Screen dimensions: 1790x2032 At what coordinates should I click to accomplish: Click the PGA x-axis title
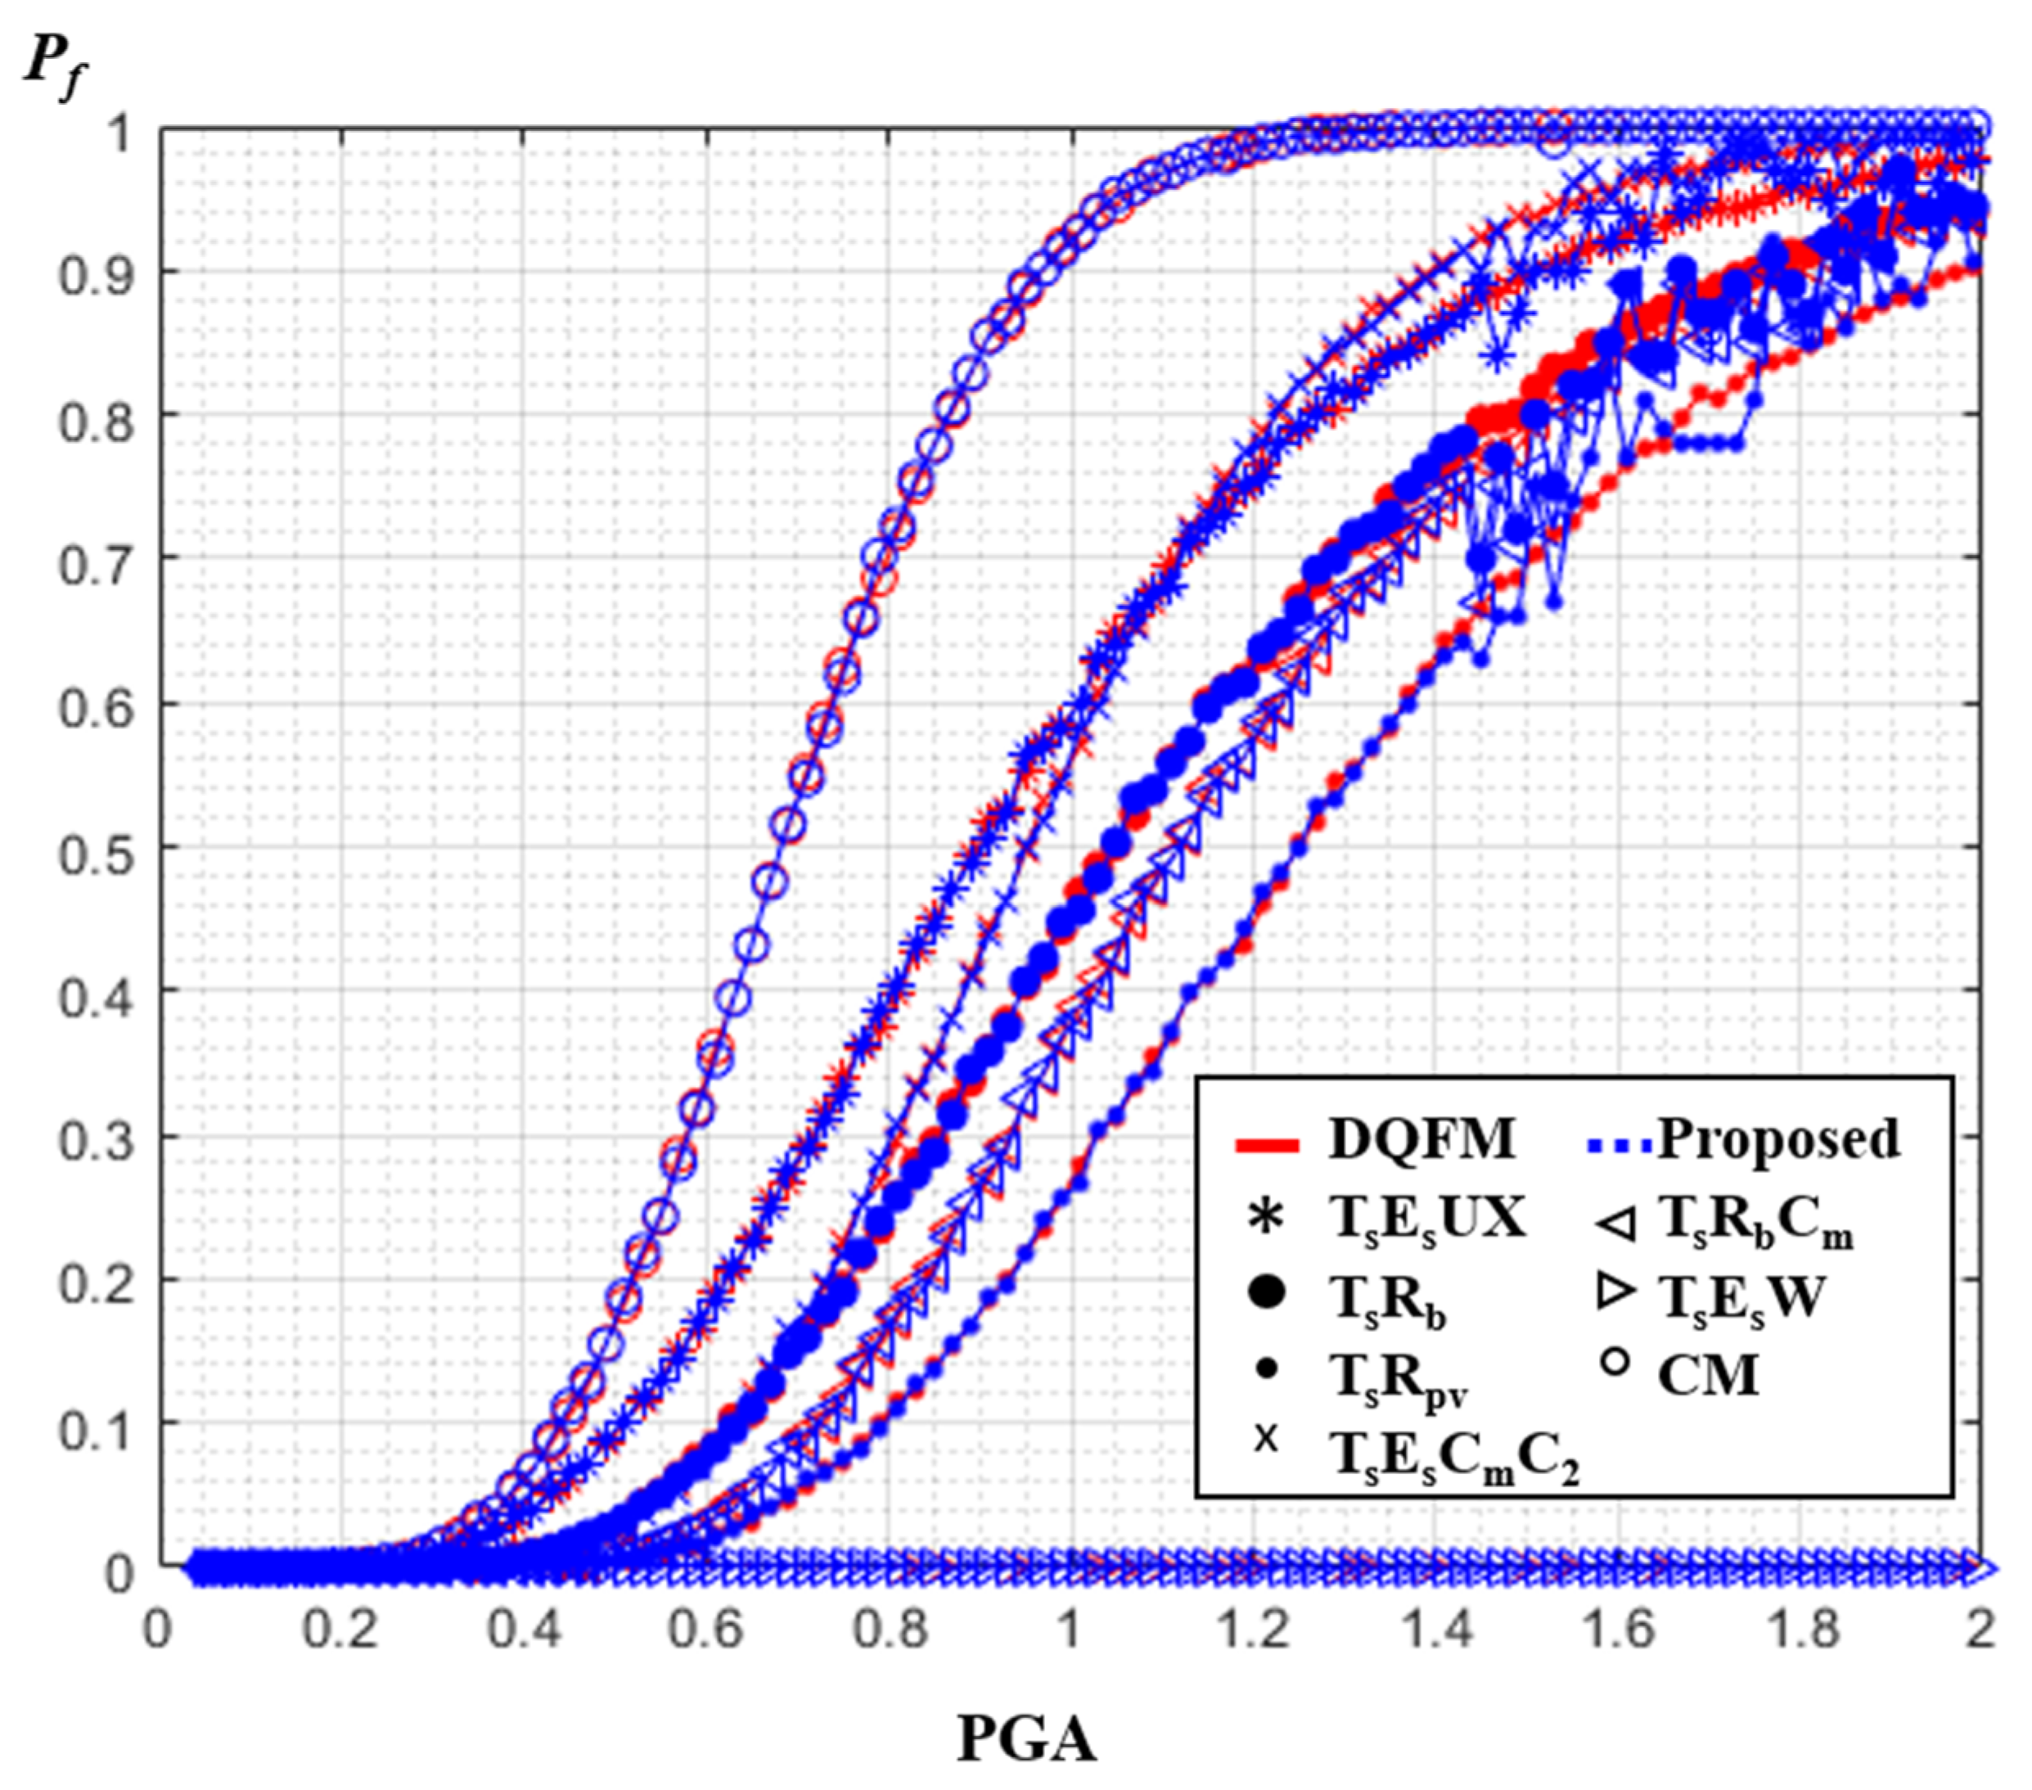[x=1026, y=1739]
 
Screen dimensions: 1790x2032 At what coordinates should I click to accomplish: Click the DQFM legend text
[x=1421, y=1139]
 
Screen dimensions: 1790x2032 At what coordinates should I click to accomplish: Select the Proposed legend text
[x=1778, y=1139]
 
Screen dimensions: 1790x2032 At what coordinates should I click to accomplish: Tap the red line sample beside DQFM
[x=1268, y=1146]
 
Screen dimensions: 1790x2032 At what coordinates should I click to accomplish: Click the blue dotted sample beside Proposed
[x=1615, y=1146]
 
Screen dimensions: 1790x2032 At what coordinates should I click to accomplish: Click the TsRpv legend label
[x=1398, y=1382]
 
